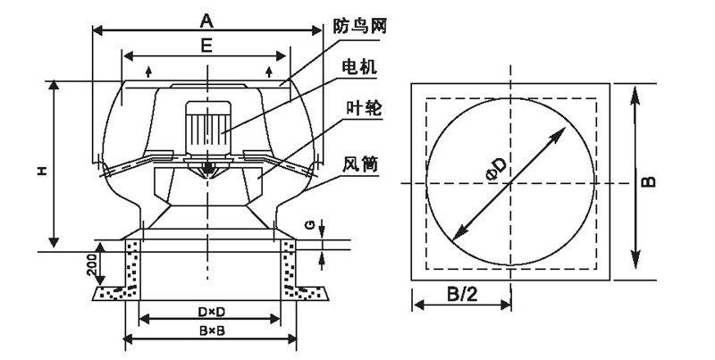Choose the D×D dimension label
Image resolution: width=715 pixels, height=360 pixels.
207,311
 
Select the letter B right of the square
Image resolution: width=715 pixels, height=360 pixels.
650,179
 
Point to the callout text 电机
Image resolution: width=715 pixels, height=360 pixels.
359,68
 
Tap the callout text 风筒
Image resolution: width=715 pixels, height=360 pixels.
358,164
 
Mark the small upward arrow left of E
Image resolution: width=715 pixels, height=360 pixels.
148,70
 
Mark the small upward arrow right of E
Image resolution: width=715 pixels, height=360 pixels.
269,70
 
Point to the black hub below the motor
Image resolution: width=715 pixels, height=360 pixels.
207,166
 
